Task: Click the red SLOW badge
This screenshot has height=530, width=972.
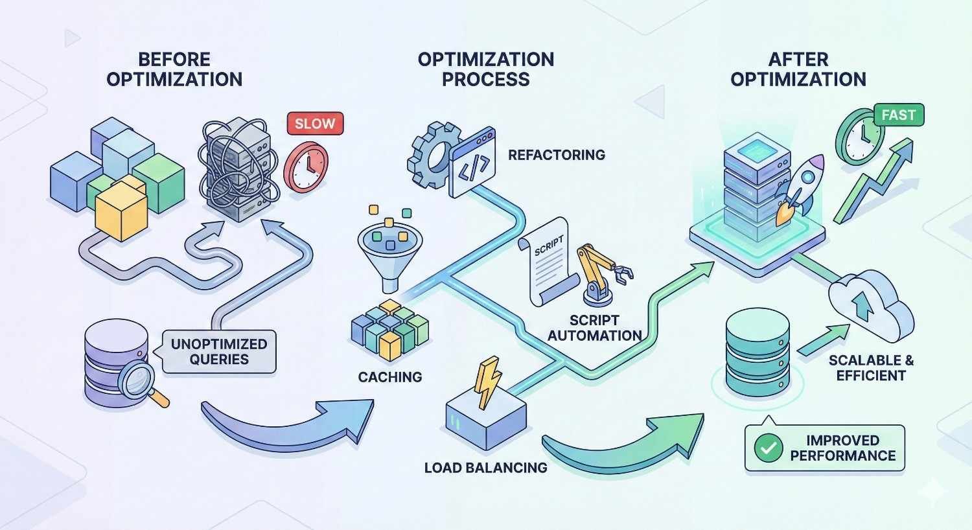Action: [x=315, y=123]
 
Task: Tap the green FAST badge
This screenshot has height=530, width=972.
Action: [x=898, y=115]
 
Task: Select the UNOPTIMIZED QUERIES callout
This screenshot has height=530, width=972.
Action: [x=219, y=352]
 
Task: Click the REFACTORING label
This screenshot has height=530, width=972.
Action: [x=556, y=155]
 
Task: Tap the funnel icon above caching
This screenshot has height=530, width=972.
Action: [x=389, y=253]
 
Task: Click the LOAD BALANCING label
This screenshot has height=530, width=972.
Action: [x=485, y=467]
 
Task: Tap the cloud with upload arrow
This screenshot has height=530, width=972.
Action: [x=870, y=304]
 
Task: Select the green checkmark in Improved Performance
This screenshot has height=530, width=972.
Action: [x=769, y=448]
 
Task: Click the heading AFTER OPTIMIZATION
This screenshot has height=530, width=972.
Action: [x=798, y=69]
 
